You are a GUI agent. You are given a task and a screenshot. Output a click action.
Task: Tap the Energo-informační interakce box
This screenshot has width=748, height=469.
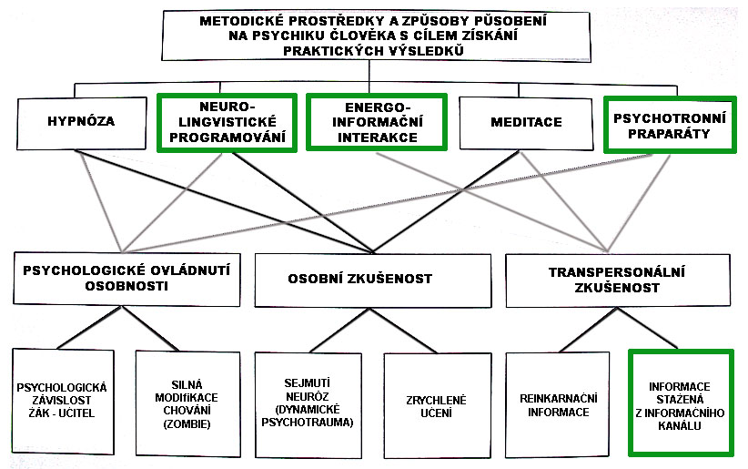[375, 122]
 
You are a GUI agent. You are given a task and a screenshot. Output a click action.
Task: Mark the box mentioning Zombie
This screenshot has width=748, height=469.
[189, 403]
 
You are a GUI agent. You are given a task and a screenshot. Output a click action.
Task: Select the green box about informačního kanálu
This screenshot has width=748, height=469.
[681, 402]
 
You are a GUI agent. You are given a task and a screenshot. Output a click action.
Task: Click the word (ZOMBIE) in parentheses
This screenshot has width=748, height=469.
[189, 424]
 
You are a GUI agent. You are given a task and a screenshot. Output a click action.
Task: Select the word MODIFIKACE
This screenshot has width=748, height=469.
[189, 397]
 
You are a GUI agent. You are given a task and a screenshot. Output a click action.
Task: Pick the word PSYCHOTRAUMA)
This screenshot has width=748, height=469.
[308, 423]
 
